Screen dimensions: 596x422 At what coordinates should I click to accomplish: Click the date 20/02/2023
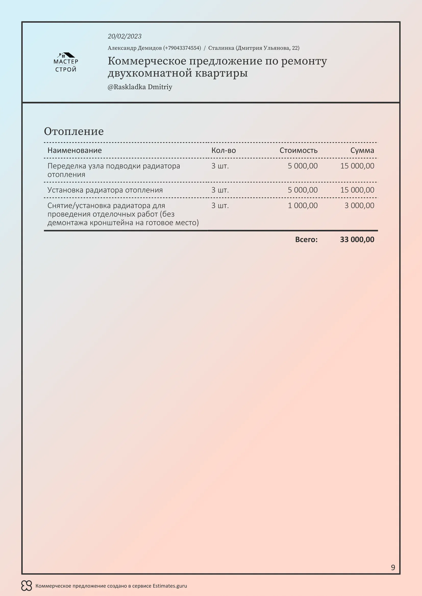(x=125, y=36)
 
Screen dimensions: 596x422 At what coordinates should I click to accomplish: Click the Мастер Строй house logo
(x=66, y=62)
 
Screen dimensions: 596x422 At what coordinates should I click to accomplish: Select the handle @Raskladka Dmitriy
(x=140, y=87)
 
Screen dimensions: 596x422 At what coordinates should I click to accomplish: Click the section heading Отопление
(x=74, y=131)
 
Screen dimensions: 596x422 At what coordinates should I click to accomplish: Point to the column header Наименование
(x=75, y=150)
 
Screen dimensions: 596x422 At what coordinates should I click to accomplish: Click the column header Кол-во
(x=224, y=150)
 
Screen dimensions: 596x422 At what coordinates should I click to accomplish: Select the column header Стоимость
(x=298, y=150)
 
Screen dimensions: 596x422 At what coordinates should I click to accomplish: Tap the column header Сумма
(x=362, y=150)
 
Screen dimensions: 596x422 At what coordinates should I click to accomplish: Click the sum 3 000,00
(x=359, y=206)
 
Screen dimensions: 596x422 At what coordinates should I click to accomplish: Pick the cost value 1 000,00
(x=303, y=206)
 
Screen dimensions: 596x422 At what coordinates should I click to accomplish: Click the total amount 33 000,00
(x=357, y=239)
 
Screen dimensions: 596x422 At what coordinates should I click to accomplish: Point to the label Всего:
(x=306, y=239)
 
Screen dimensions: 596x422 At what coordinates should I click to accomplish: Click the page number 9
(x=393, y=567)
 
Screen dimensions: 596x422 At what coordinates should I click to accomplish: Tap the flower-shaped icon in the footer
(x=27, y=586)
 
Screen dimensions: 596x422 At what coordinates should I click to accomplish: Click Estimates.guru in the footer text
(x=170, y=586)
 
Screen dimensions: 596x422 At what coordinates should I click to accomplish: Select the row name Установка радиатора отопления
(x=105, y=190)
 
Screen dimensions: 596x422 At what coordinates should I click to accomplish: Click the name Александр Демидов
(x=135, y=48)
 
